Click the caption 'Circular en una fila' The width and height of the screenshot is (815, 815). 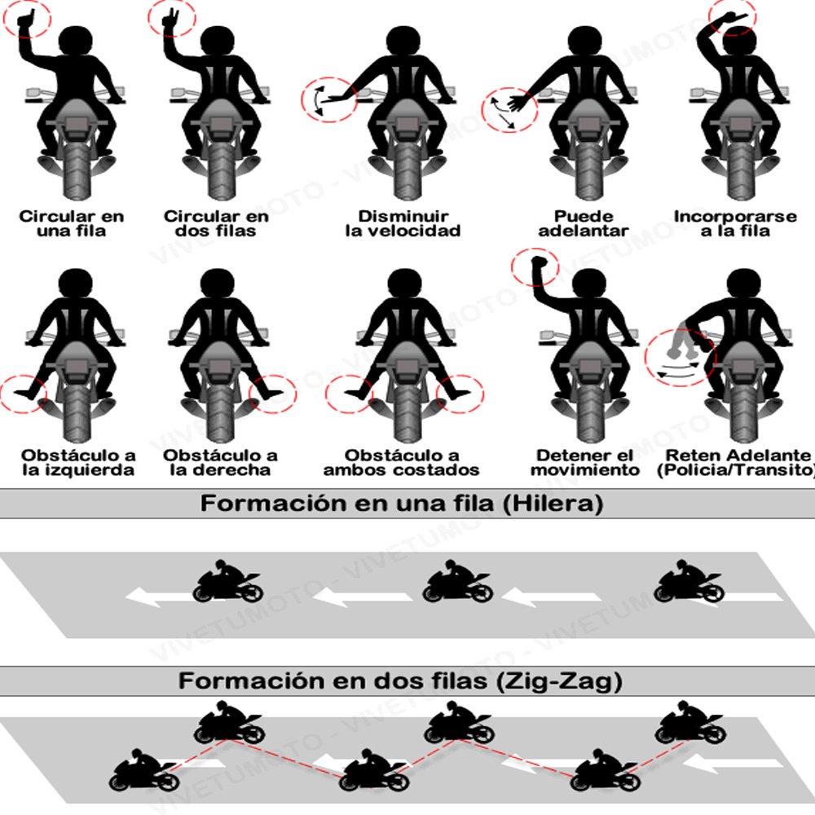pyautogui.click(x=72, y=223)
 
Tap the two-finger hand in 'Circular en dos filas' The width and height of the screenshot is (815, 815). pyautogui.click(x=172, y=20)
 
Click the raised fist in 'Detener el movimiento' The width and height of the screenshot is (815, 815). pyautogui.click(x=536, y=265)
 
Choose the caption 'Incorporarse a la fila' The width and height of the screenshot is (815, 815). pyautogui.click(x=733, y=223)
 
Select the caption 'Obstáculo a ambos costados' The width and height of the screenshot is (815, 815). pyautogui.click(x=402, y=462)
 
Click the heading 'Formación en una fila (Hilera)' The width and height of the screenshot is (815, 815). pyautogui.click(x=402, y=504)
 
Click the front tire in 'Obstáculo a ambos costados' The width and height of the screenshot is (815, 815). pyautogui.click(x=402, y=412)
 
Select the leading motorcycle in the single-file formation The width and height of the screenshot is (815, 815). pyautogui.click(x=228, y=582)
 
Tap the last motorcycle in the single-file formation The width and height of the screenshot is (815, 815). pyautogui.click(x=689, y=582)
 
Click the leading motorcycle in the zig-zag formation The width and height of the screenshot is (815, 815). pyautogui.click(x=145, y=772)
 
